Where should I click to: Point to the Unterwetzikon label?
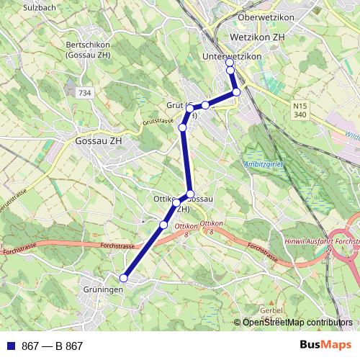pyautogui.click(x=232, y=57)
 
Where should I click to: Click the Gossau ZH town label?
pyautogui.click(x=100, y=141)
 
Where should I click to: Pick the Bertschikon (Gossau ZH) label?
pyautogui.click(x=88, y=49)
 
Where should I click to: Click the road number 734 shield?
pyautogui.click(x=86, y=94)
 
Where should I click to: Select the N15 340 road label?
pyautogui.click(x=300, y=110)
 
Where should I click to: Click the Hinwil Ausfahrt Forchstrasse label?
pyautogui.click(x=322, y=243)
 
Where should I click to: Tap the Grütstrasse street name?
pyautogui.click(x=158, y=122)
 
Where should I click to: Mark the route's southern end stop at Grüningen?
pyautogui.click(x=124, y=278)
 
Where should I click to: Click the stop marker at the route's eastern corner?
pyautogui.click(x=236, y=92)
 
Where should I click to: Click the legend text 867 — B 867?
pyautogui.click(x=52, y=346)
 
